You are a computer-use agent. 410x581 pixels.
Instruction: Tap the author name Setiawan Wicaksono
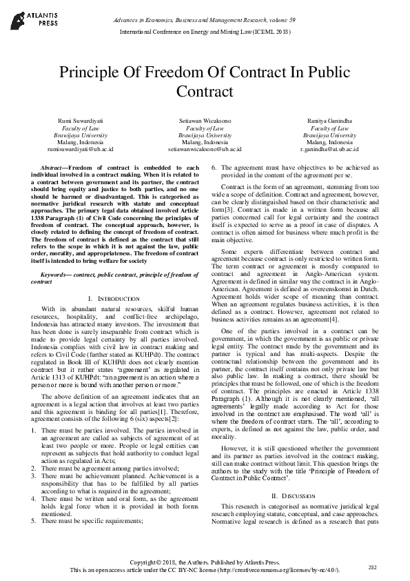point(205,120)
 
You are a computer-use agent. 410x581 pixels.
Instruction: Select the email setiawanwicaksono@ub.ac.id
point(205,148)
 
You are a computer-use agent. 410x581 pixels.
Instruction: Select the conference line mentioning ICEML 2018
point(205,32)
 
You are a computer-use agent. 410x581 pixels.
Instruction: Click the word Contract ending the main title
point(205,90)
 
